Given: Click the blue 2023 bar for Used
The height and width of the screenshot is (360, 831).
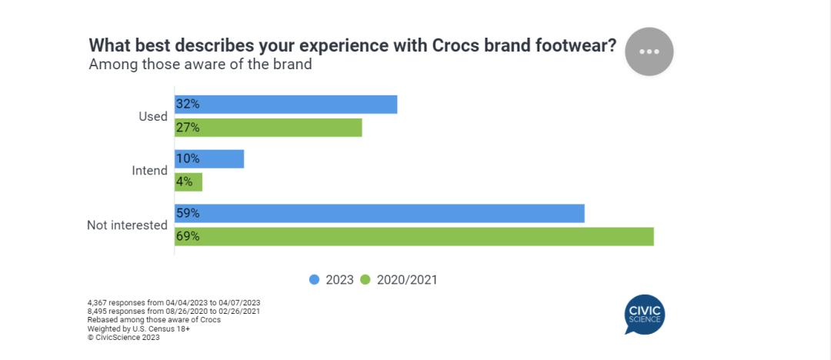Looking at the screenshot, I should pyautogui.click(x=285, y=105).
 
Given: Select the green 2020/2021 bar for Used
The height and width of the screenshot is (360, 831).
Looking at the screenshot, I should pyautogui.click(x=268, y=128).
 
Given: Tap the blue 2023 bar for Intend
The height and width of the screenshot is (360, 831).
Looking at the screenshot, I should pyautogui.click(x=209, y=158).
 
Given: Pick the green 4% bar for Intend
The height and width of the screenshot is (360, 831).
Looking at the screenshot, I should pyautogui.click(x=189, y=182).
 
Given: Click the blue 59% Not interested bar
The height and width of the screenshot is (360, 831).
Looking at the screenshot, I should pyautogui.click(x=379, y=213).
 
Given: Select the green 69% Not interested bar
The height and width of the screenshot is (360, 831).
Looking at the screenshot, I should pyautogui.click(x=414, y=236).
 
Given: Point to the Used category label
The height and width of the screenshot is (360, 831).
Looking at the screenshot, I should pyautogui.click(x=152, y=116).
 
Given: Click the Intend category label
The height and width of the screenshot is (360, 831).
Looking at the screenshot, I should pyautogui.click(x=149, y=171).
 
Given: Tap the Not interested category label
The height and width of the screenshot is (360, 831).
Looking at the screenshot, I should pyautogui.click(x=127, y=225).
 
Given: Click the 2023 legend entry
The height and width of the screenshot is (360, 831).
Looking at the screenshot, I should pyautogui.click(x=332, y=280).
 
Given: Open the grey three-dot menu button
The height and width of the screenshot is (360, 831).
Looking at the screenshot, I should pyautogui.click(x=649, y=52).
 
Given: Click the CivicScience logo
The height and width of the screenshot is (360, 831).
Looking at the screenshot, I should pyautogui.click(x=644, y=315).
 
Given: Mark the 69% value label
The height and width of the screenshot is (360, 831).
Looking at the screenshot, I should pyautogui.click(x=188, y=236).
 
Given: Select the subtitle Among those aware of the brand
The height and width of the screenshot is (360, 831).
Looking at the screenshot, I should pyautogui.click(x=200, y=65).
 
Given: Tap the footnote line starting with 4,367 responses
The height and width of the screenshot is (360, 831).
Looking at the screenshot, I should pyautogui.click(x=174, y=302).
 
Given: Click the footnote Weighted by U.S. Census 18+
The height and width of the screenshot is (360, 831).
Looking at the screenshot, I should pyautogui.click(x=138, y=328).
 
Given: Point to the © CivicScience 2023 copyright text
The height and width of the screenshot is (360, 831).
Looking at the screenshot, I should pyautogui.click(x=124, y=337).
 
